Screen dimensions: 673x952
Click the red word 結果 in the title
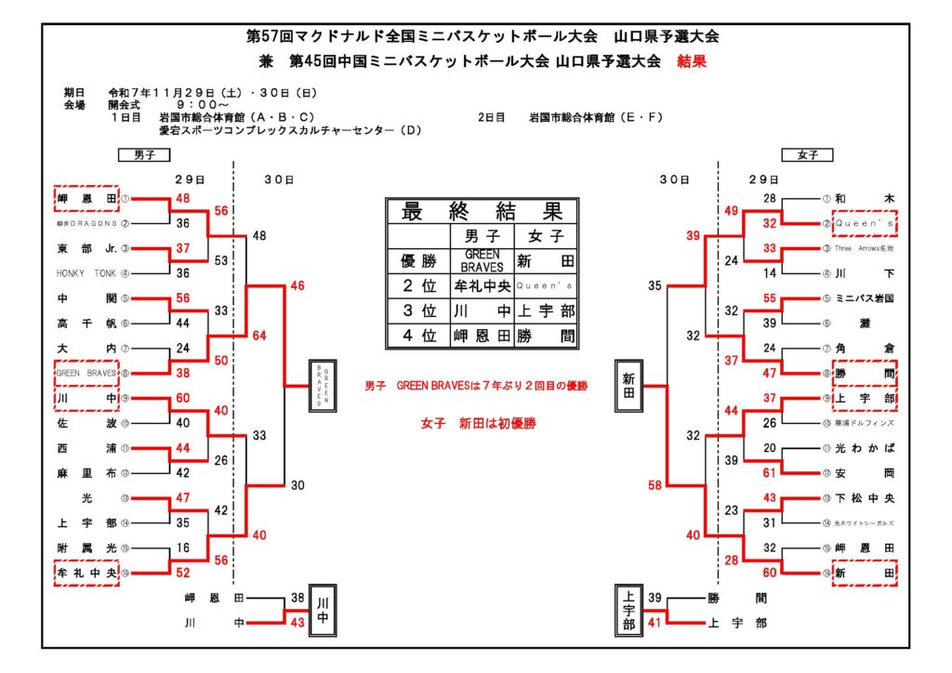point(693,61)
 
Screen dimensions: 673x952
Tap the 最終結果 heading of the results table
point(482,211)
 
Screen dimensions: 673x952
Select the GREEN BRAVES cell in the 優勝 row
point(482,260)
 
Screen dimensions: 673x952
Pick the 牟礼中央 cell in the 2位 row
point(482,286)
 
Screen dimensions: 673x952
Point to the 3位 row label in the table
point(417,311)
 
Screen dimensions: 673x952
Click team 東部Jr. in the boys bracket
point(86,248)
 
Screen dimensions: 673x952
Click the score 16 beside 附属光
point(183,548)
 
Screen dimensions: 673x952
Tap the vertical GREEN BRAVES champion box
point(322,385)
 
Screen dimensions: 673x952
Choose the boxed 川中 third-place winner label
point(321,609)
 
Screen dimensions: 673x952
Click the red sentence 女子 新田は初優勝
point(478,423)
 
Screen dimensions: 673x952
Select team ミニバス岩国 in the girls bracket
point(865,298)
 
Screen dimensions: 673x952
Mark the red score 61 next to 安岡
point(769,473)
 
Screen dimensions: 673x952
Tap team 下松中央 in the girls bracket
point(865,498)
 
